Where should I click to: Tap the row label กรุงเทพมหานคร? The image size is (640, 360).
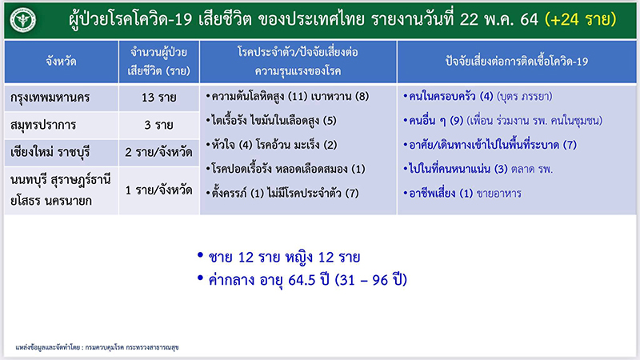pos(54,97)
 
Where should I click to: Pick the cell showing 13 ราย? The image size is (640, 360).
pos(154,97)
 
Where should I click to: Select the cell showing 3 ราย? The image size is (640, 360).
pos(154,125)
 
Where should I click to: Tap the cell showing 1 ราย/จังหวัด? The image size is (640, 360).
pos(154,190)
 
